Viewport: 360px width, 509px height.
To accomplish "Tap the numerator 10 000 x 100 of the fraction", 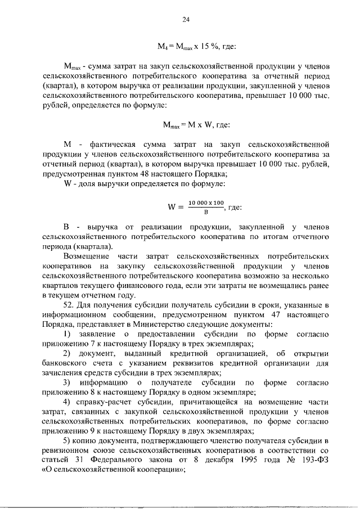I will (206, 202).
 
